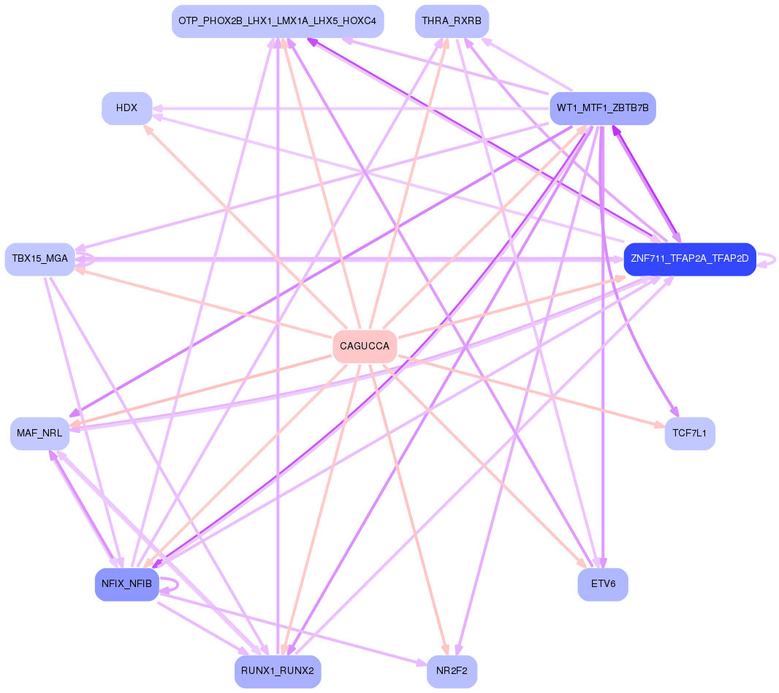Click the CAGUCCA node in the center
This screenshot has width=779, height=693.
click(365, 346)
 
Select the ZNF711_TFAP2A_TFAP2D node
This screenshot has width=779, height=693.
click(689, 259)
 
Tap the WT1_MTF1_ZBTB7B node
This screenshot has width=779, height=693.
click(602, 108)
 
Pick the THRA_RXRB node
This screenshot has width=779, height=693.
click(452, 21)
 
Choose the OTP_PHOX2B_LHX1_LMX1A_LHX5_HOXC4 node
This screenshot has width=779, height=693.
click(278, 21)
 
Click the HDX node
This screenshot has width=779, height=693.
click(127, 108)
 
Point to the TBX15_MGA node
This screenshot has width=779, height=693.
click(40, 259)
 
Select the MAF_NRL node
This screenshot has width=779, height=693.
click(40, 433)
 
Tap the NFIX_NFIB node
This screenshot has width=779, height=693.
click(127, 584)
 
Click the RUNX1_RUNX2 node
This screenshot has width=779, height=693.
click(278, 671)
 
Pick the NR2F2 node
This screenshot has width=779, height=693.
click(452, 671)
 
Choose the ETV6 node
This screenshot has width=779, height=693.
click(602, 584)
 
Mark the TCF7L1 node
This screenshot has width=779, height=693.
click(689, 433)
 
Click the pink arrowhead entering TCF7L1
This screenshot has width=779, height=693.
click(658, 425)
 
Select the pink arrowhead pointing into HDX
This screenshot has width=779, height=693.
click(147, 129)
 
